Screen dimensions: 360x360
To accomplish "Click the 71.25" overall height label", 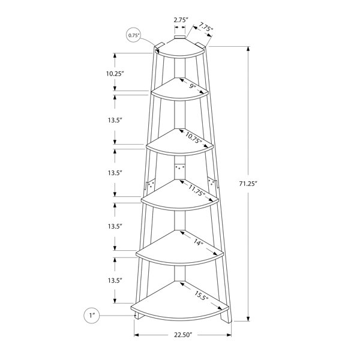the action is [247, 184].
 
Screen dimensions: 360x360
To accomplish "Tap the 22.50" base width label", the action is [182, 335].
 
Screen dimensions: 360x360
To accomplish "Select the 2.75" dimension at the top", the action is [181, 20].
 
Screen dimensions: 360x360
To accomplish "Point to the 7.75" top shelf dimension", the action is [206, 27].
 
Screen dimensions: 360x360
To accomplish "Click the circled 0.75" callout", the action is [134, 35].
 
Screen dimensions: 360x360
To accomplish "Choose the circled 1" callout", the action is [92, 316].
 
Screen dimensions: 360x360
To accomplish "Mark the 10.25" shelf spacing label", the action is [115, 74].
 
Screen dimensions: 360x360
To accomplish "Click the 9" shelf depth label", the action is [193, 86].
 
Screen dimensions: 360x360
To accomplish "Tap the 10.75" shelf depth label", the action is [194, 138].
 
